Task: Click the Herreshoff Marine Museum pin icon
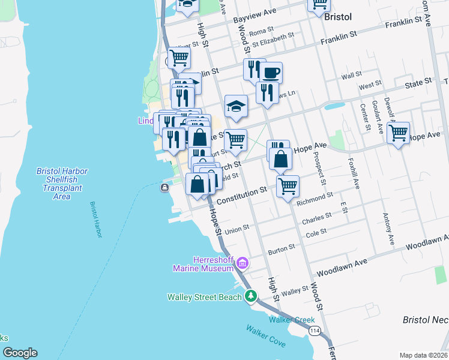pos(243,263)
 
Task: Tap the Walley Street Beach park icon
pos(251,296)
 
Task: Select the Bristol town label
pos(337,17)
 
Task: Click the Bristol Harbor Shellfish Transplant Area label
pos(62,184)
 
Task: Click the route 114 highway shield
pos(314,331)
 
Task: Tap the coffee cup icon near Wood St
pos(270,73)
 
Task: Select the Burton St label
pos(282,248)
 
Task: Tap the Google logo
pos(20,353)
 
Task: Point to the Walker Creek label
pos(292,320)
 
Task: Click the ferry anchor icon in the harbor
pos(164,188)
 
